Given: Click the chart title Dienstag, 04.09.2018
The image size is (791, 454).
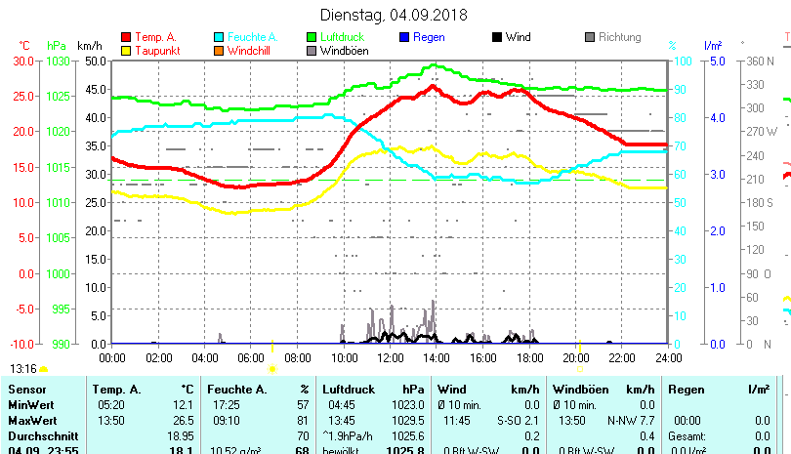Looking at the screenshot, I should (395, 16).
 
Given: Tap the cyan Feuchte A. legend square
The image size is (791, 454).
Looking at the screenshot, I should (219, 37).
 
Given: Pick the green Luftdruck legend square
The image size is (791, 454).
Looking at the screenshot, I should (312, 37).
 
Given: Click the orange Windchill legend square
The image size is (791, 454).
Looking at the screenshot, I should (219, 51).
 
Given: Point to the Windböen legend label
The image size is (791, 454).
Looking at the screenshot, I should (344, 51).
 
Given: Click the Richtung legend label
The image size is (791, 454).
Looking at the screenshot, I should (619, 37).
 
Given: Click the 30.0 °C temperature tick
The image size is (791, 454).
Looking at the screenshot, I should (23, 61).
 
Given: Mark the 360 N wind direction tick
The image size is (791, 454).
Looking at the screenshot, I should (761, 61).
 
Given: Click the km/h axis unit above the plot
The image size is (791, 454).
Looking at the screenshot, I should (89, 45).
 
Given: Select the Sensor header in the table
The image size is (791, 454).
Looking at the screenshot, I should (26, 390).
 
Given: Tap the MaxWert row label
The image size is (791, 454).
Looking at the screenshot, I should (32, 420).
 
